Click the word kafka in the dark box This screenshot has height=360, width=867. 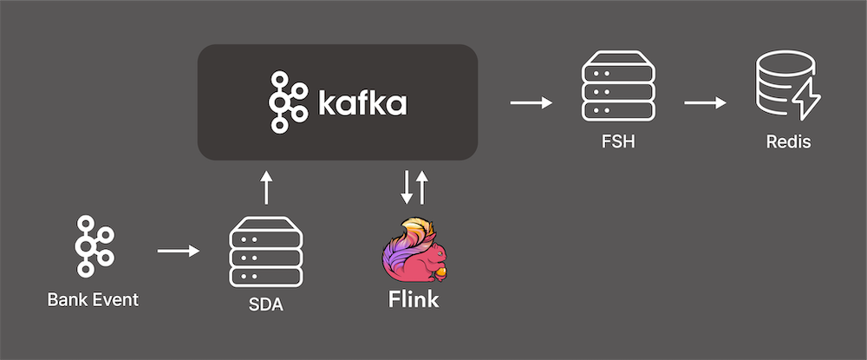[x=362, y=103]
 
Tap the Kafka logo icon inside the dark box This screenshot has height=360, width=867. [x=288, y=102]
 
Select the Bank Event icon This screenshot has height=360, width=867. [x=93, y=246]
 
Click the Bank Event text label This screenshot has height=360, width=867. [x=93, y=301]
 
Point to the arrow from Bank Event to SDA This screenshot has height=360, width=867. [x=178, y=252]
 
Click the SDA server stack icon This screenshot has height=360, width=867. [x=266, y=252]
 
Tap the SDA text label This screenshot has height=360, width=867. [x=266, y=306]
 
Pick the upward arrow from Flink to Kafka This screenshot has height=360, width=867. [x=422, y=187]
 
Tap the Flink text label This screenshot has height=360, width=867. [x=413, y=301]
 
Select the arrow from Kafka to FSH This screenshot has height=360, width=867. [x=531, y=103]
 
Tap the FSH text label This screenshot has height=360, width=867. [x=617, y=141]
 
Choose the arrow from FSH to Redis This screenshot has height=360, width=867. [x=705, y=103]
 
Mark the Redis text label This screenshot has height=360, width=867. [x=789, y=141]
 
